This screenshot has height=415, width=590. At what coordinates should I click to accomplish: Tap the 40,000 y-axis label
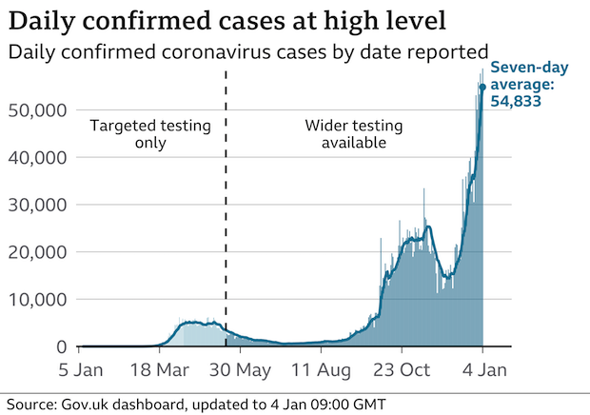[38, 157]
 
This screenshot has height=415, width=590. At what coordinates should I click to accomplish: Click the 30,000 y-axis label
[38, 205]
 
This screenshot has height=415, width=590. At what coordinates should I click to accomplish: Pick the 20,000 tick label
[38, 252]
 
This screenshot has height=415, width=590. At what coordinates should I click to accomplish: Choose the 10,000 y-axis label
[38, 300]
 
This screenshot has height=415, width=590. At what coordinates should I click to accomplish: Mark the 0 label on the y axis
[61, 346]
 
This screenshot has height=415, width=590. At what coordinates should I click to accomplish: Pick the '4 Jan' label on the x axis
[483, 369]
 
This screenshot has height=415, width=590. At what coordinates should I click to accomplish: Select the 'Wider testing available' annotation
[353, 134]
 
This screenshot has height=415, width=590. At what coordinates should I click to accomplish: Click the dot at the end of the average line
[482, 87]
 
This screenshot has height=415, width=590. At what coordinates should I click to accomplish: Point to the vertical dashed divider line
[226, 209]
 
